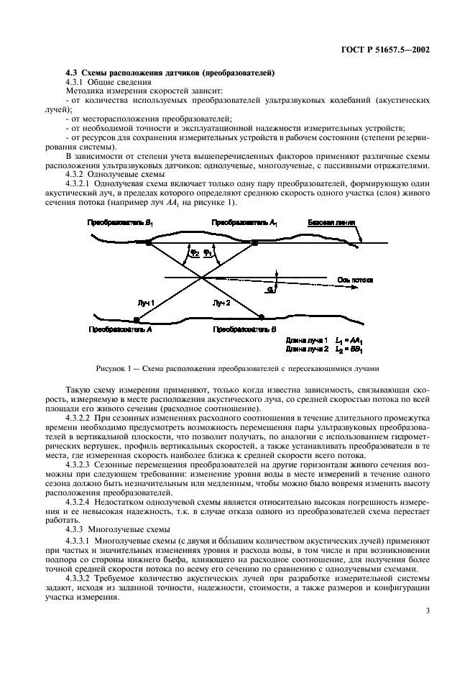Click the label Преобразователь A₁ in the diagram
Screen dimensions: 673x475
(x=244, y=224)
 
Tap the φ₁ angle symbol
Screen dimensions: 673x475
(x=208, y=252)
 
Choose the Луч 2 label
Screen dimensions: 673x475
(x=221, y=303)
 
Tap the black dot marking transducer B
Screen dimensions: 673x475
(x=261, y=316)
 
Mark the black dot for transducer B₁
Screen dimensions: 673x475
(x=149, y=244)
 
